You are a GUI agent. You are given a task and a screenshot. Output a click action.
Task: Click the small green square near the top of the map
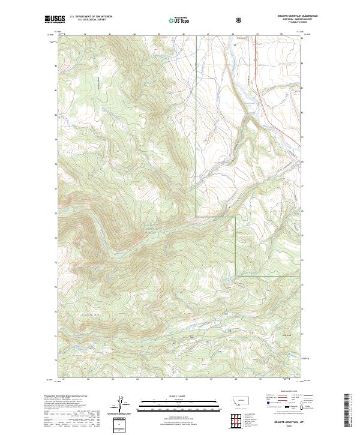point(241,44)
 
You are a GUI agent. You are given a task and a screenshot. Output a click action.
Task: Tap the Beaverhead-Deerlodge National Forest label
point(148,227)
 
